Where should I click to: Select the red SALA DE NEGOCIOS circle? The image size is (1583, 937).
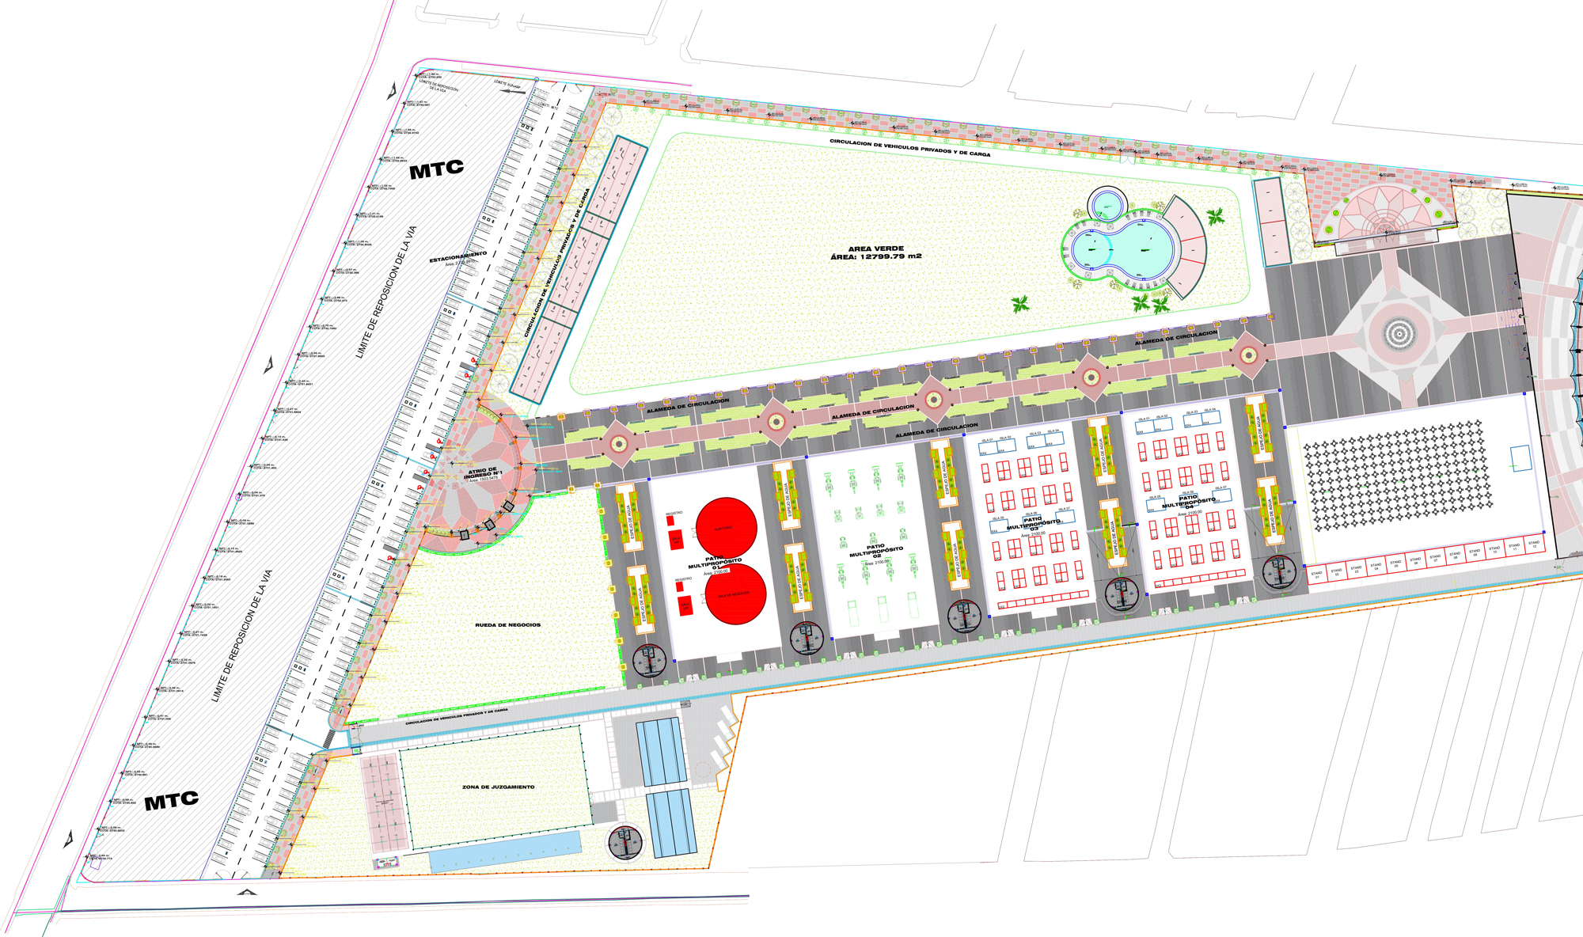coord(735,594)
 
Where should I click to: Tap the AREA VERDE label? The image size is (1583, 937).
coord(875,252)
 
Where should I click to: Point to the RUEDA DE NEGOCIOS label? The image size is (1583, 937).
coord(507,625)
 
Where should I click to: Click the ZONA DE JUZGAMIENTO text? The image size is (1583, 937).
coord(498,787)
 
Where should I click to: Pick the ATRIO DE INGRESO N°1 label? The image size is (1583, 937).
coord(483,473)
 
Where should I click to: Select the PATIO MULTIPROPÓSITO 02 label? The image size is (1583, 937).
coord(876,551)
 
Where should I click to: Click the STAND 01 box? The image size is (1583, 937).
coord(1316,575)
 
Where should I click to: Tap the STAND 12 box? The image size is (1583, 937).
coord(1533,545)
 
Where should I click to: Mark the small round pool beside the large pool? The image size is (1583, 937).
coord(1106,206)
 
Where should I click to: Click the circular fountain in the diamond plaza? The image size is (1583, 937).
coord(1399,334)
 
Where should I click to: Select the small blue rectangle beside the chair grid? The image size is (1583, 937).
coord(1520,458)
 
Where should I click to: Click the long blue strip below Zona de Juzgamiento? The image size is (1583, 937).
coord(504,851)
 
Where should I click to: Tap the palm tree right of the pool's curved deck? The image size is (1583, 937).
coord(1215,215)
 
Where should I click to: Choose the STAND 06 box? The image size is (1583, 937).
coord(1415,561)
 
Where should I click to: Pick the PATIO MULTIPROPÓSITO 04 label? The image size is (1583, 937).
coord(1188,502)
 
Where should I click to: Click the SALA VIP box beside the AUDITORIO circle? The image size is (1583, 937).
coord(676,539)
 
